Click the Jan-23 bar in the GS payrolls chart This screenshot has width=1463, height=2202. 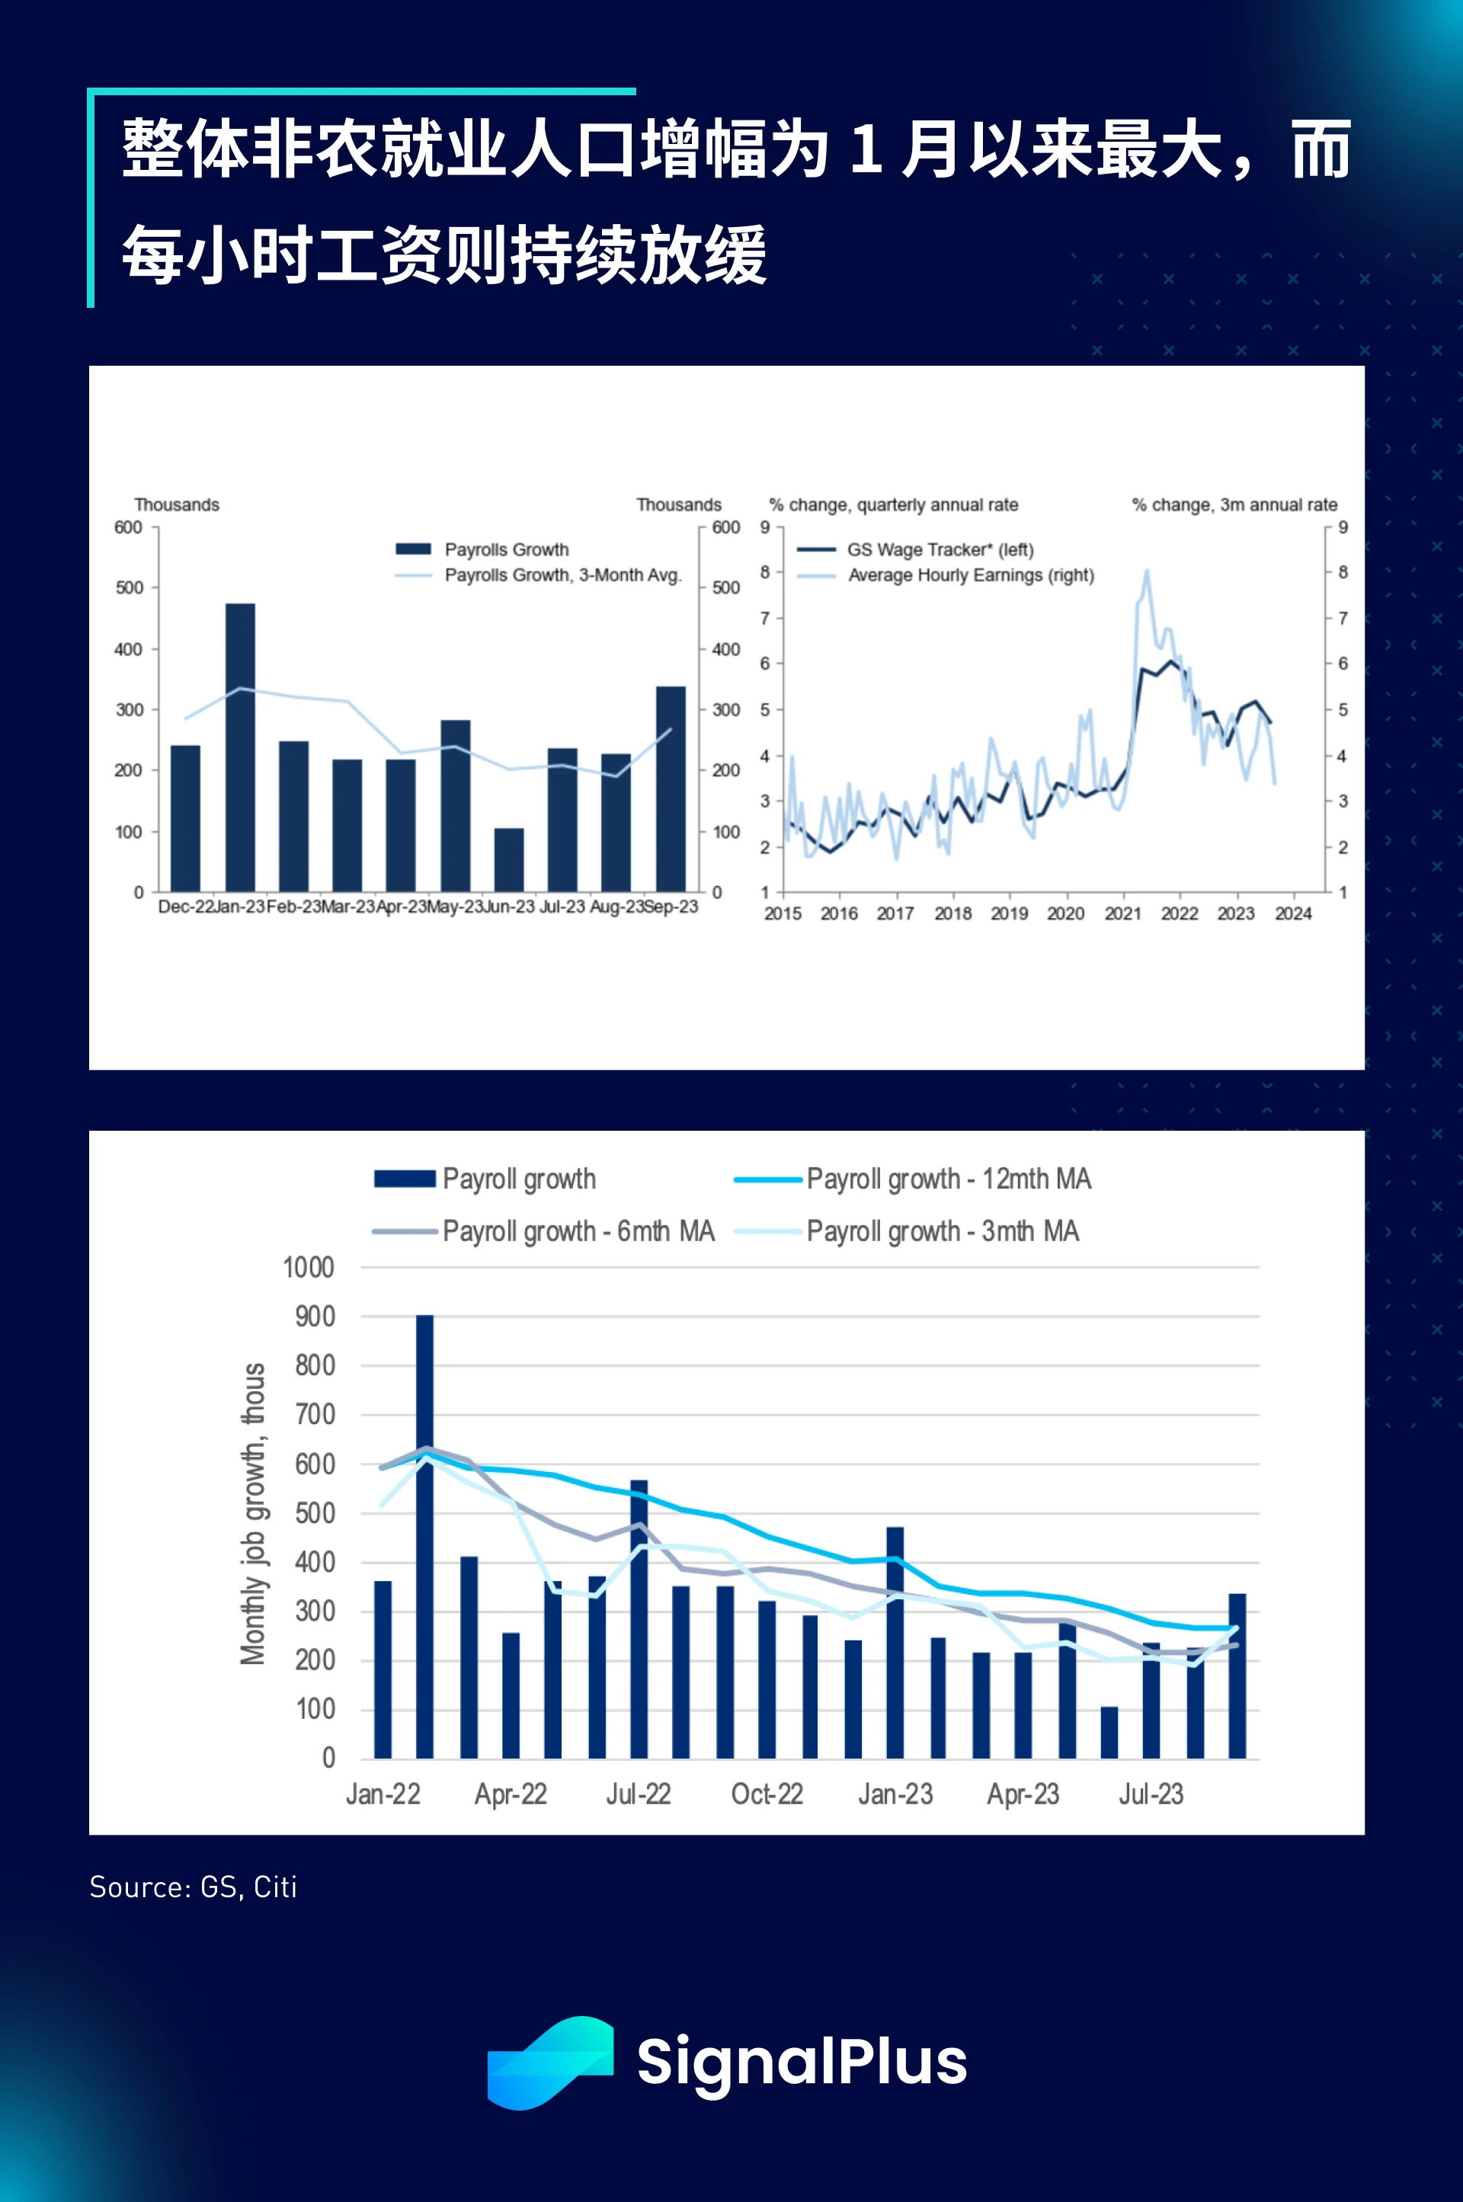[240, 747]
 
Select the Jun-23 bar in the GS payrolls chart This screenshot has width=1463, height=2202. [508, 859]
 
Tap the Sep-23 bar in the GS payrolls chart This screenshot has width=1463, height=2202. [670, 789]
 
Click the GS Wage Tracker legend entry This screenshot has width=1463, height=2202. [940, 549]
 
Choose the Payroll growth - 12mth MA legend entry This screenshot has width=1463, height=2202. [948, 1179]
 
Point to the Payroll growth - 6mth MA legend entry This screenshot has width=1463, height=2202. [578, 1231]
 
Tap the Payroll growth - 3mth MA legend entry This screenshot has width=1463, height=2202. [943, 1231]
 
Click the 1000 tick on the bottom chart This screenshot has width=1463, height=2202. [309, 1268]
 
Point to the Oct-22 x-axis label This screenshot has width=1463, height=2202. [767, 1794]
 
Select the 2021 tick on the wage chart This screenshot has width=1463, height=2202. [1122, 914]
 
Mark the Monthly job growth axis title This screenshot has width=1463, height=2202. [253, 1513]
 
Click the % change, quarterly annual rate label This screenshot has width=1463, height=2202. [893, 504]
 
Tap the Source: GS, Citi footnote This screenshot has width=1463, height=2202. [193, 1887]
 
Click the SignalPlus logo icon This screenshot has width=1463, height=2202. [550, 2062]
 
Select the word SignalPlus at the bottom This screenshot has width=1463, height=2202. [802, 2062]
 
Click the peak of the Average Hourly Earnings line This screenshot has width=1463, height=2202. [1146, 570]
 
